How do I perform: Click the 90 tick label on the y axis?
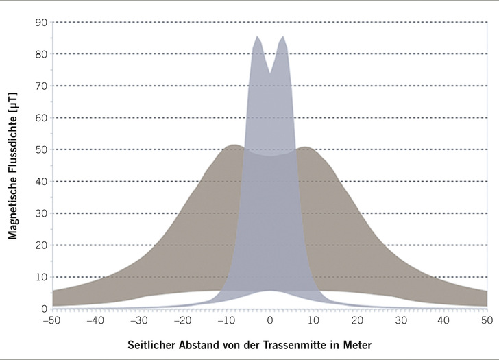click(40, 23)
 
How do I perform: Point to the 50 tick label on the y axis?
click(40, 149)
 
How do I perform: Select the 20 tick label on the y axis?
click(40, 245)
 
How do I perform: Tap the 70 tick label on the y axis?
click(40, 86)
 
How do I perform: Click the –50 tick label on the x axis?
click(51, 320)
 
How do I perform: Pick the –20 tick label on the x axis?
click(182, 320)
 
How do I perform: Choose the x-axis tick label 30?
click(401, 320)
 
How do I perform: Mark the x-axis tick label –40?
click(95, 320)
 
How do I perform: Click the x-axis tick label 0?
click(270, 320)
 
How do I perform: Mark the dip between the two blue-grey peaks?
click(270, 71)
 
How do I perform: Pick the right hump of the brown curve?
click(306, 147)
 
